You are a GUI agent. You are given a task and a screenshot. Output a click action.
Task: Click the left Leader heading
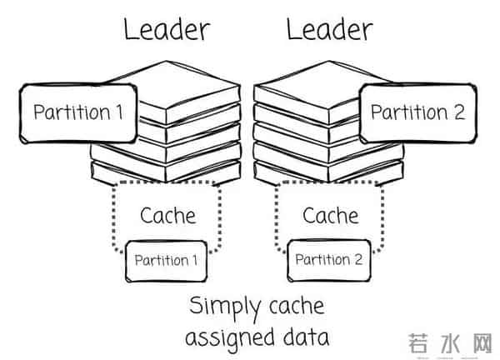[167, 31]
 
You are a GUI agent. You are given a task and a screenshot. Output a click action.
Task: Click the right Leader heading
[329, 31]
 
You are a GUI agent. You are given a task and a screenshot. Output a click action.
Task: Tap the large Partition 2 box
[417, 112]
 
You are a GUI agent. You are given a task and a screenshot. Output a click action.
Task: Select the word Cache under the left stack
[167, 216]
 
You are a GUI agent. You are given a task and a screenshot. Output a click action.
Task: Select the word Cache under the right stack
[330, 216]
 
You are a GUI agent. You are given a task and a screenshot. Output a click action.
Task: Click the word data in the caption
[304, 337]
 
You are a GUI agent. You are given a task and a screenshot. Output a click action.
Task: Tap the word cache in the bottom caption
[292, 307]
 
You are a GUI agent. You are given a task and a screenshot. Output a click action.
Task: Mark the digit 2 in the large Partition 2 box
[459, 112]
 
